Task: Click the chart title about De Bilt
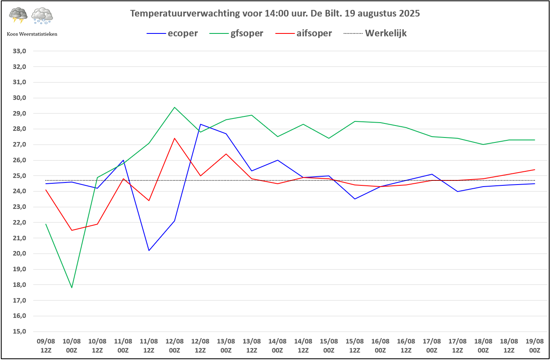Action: [x=275, y=13]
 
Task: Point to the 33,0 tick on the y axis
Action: [x=20, y=51]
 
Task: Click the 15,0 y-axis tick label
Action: [x=20, y=332]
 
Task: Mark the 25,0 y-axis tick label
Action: [x=20, y=176]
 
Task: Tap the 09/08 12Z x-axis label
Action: [x=46, y=346]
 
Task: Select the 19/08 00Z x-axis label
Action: [x=534, y=346]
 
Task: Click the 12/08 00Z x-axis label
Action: [x=175, y=346]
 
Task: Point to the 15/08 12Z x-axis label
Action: [x=354, y=346]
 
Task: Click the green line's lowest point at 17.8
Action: [x=72, y=287]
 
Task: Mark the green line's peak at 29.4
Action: [x=175, y=107]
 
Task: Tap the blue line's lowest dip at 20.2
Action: [x=149, y=250]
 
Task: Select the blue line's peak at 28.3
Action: [x=201, y=124]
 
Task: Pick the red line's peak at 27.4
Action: [x=175, y=138]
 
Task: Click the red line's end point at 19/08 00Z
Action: [x=534, y=170]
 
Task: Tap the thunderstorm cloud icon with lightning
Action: [x=18, y=15]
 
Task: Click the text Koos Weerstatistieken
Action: [x=32, y=34]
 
